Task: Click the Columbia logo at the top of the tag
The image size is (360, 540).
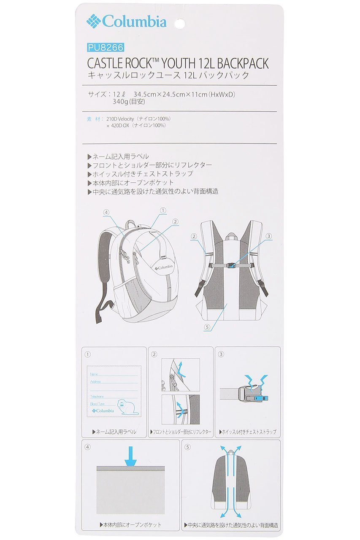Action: point(127,21)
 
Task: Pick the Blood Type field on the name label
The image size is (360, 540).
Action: point(98,404)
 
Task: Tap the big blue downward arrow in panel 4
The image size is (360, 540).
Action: point(131,456)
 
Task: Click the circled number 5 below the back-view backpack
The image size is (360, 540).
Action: point(207,327)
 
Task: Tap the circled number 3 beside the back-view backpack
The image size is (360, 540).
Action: point(268,236)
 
